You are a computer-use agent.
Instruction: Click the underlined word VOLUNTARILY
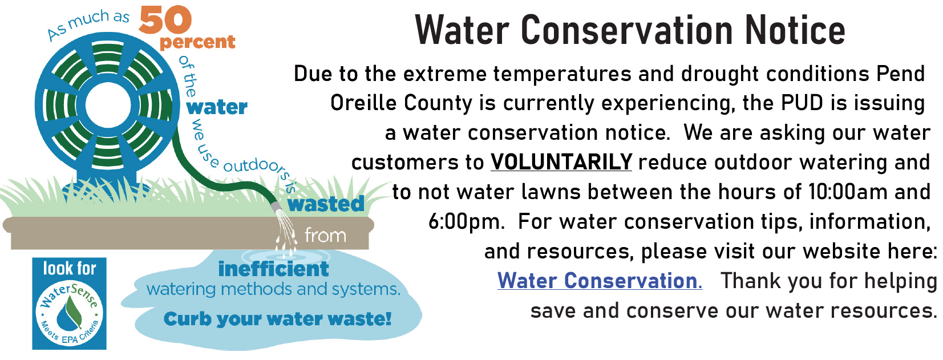click(561, 162)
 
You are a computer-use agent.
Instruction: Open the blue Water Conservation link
click(600, 281)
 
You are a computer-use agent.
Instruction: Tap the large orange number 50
click(165, 20)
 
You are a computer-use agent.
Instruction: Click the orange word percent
click(197, 42)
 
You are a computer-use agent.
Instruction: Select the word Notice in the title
click(795, 30)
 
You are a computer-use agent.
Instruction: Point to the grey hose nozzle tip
click(276, 207)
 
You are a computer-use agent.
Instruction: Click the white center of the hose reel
click(108, 106)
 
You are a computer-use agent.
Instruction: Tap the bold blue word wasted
click(326, 204)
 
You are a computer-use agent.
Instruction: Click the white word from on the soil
click(325, 235)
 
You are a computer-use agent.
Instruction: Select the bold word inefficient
click(273, 269)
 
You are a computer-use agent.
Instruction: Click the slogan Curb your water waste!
click(277, 319)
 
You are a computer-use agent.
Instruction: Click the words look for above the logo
click(70, 269)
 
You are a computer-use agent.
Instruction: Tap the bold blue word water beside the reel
click(216, 107)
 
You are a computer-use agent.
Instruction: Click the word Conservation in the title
click(627, 30)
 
